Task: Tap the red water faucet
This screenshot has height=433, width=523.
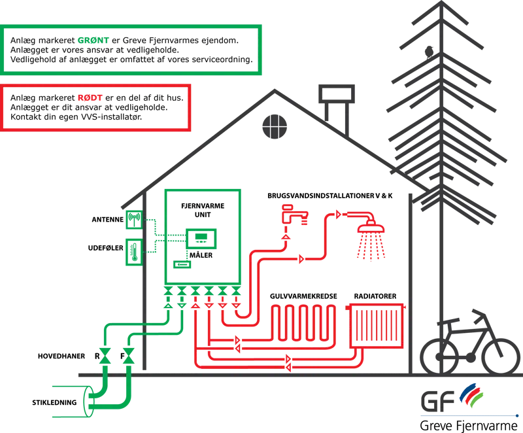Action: point(292,214)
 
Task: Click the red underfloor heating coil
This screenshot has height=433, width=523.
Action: point(305,320)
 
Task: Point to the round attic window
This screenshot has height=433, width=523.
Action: point(275,126)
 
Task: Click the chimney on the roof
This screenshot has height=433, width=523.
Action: point(336,105)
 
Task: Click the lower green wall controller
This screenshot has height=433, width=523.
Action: point(133,252)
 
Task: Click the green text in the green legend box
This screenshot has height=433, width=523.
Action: point(93,41)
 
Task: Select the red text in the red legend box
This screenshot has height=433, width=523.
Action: point(90,99)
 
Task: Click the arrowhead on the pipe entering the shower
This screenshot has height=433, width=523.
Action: point(338,213)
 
